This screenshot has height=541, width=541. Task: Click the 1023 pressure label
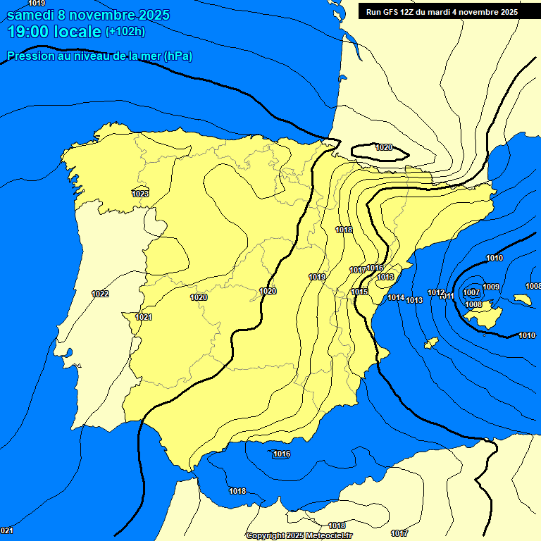coord(140,194)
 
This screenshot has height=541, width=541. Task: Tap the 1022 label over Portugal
coord(100,294)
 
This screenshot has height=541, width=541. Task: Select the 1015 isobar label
coord(360,292)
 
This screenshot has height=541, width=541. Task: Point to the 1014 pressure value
coord(396,298)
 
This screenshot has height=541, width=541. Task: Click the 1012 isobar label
coord(436,292)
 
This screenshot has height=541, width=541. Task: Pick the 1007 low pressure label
coord(471,292)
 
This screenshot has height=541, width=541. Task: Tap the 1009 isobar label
coord(491,287)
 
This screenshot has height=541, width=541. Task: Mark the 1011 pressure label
coord(447,297)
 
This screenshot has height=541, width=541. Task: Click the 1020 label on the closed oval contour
coord(384,147)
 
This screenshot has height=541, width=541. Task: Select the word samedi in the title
coord(32,15)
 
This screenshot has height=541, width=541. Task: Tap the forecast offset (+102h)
coord(125,31)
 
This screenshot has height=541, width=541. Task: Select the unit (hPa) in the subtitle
coord(178,56)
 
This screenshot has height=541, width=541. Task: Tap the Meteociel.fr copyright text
coord(328,535)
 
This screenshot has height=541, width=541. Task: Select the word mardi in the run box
coord(442,11)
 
